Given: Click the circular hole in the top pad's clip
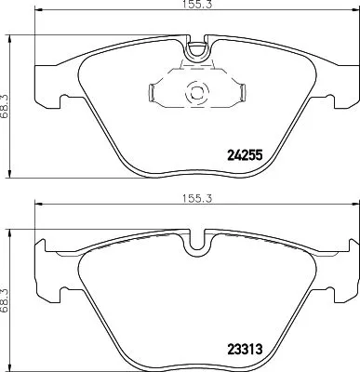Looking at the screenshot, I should [194, 93].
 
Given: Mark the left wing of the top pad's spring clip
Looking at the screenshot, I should [153, 93].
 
